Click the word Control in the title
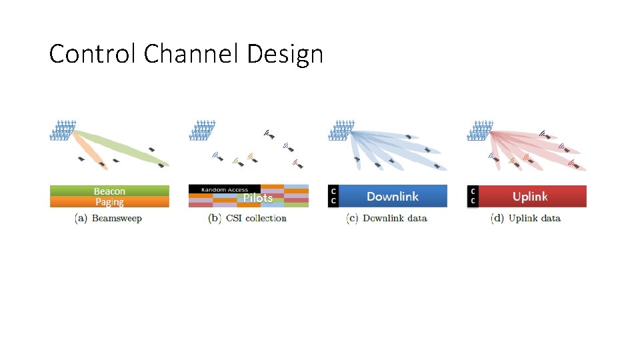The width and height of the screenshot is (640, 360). (x=93, y=53)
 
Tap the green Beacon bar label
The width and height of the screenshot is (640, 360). (x=109, y=191)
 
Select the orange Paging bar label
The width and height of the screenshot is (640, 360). (x=109, y=202)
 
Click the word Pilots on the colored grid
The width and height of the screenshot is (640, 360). (x=258, y=198)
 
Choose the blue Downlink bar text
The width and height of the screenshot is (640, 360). (x=393, y=196)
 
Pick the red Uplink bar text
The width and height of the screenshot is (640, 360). (x=530, y=196)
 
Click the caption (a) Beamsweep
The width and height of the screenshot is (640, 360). (x=109, y=218)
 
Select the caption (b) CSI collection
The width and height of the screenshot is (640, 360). (x=247, y=218)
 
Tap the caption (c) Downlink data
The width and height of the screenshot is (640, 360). (x=387, y=218)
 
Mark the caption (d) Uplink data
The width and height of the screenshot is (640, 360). (x=526, y=218)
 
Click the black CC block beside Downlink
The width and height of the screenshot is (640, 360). (x=333, y=196)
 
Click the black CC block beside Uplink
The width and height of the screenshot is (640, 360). (x=473, y=196)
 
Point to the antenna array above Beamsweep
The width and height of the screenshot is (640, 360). (x=63, y=130)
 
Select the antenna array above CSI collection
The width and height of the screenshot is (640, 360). (x=203, y=130)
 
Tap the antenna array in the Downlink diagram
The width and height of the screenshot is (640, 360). (x=341, y=130)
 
